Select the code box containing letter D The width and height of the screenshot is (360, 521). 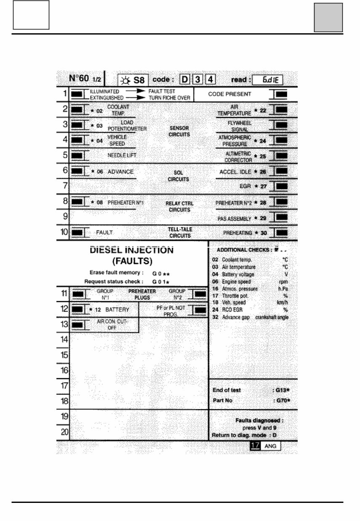click(185, 80)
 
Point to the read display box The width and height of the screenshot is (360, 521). click(267, 80)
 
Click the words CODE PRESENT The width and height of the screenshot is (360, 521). click(229, 94)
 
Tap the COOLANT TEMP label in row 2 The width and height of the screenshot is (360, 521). click(118, 110)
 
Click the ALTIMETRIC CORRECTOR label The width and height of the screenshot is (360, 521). click(238, 157)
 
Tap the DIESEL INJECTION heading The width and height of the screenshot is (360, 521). click(131, 250)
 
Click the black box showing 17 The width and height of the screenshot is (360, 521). click(254, 445)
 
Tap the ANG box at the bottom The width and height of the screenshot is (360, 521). click(270, 446)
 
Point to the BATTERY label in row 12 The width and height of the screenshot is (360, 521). click(117, 310)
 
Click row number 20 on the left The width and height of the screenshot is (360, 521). click(64, 432)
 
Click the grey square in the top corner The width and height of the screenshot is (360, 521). click(328, 17)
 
